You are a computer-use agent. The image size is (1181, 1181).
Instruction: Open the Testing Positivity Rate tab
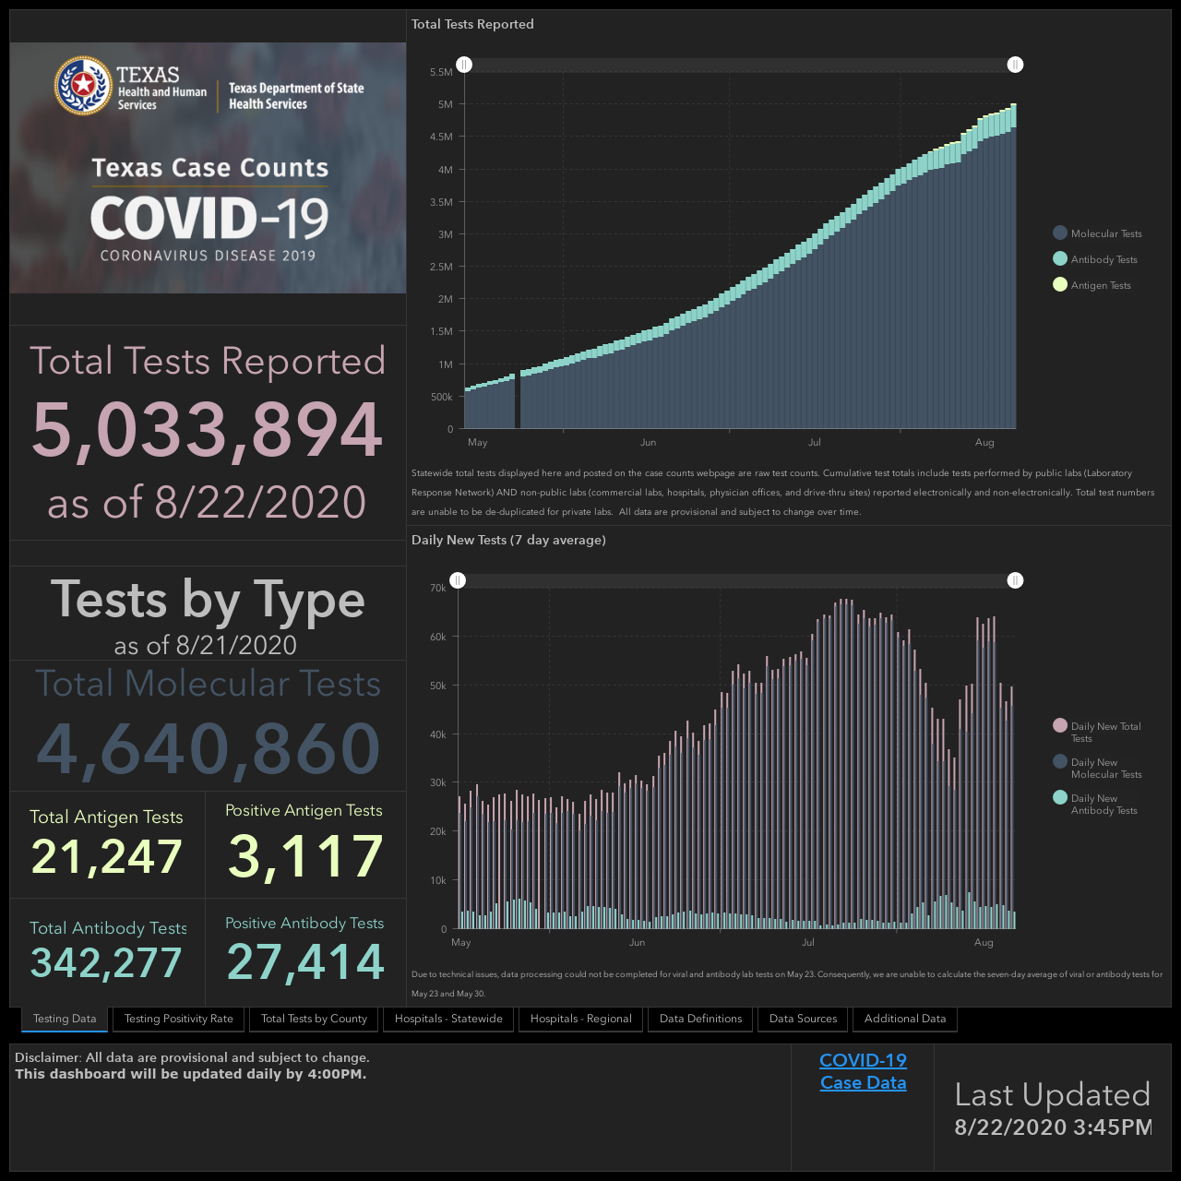tap(178, 1019)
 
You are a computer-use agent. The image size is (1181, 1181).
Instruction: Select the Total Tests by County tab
tap(314, 1019)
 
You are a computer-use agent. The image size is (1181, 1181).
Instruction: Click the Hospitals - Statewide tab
tap(448, 1019)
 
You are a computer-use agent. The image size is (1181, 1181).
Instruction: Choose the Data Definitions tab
tap(700, 1019)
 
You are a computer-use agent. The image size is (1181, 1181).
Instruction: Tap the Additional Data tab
tap(904, 1019)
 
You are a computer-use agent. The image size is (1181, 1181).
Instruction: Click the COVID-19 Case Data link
tap(863, 1071)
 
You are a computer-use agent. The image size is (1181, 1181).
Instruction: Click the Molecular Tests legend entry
tap(1097, 233)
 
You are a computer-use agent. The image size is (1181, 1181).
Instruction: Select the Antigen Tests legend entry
tap(1092, 285)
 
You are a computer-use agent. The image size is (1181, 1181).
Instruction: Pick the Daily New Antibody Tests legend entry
tap(1095, 804)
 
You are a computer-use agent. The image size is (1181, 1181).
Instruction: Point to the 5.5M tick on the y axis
tap(441, 72)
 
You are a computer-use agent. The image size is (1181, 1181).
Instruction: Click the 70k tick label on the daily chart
tap(438, 588)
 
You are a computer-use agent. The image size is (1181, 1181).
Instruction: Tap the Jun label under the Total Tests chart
tap(648, 443)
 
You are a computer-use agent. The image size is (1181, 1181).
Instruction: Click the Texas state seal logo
tap(83, 86)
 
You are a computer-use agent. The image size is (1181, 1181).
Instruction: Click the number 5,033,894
tap(208, 429)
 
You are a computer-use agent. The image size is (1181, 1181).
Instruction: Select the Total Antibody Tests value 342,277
tap(106, 962)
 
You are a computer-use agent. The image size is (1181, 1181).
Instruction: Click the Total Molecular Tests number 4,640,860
tap(209, 748)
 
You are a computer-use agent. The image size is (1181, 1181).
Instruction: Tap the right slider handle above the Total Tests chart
tap(1015, 65)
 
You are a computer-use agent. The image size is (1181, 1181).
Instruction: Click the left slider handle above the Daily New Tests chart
tap(458, 580)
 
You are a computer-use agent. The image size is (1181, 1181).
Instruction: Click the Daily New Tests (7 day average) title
tap(508, 540)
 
